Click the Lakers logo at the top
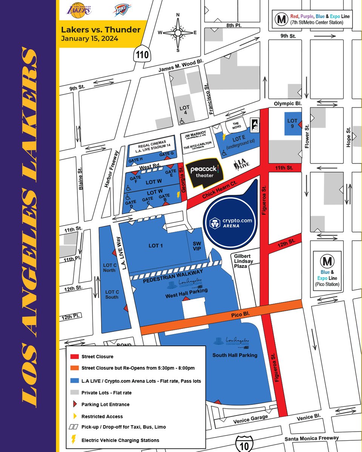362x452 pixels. coord(78,9)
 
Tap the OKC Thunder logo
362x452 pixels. coord(122,10)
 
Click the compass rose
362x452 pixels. coord(178,32)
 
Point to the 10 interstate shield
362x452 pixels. coord(244,445)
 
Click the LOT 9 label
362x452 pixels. coord(292,123)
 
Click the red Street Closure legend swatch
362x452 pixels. coord(74,356)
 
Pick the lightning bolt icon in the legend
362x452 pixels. coord(73,440)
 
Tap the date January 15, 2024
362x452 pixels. coord(90,38)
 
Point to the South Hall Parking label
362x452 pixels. coord(235,355)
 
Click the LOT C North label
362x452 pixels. coord(110,267)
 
